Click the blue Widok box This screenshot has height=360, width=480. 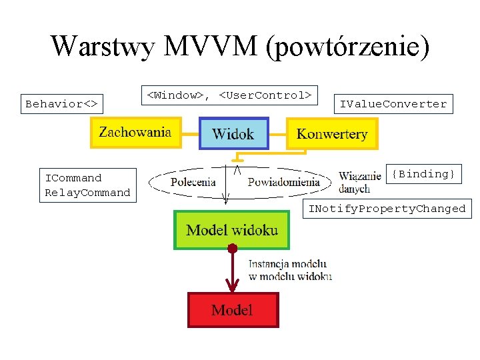tap(233, 133)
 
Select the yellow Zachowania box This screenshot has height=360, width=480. tap(135, 132)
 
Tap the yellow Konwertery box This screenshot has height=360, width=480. tap(332, 134)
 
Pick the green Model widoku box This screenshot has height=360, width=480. tap(232, 230)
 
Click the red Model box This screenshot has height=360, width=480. tap(232, 310)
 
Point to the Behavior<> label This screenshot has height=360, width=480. tap(61, 104)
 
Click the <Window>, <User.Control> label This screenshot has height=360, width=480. tap(229, 95)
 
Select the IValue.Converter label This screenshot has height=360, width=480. tap(393, 104)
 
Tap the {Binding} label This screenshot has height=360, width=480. tap(423, 174)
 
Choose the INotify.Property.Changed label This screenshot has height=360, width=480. tap(387, 209)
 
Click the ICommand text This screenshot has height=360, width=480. tap(73, 178)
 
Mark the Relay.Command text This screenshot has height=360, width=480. tap(87, 193)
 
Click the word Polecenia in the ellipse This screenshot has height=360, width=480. tap(193, 181)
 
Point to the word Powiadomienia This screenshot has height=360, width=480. tap(283, 181)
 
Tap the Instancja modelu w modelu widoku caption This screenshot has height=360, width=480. tap(290, 269)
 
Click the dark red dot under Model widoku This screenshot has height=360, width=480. tap(232, 249)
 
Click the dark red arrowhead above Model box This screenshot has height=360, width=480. tap(232, 287)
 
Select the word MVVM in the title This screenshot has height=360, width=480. tap(211, 46)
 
